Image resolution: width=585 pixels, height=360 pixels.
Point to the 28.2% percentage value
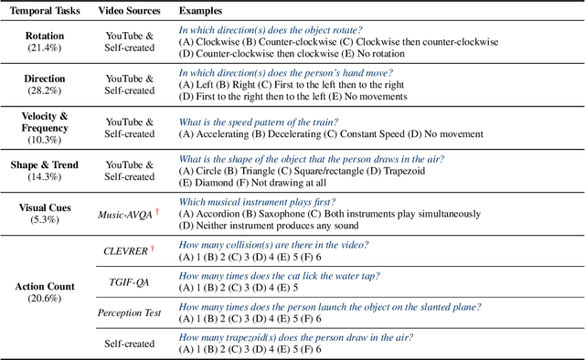pyautogui.click(x=43, y=91)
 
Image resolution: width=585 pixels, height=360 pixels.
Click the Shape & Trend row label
pyautogui.click(x=43, y=165)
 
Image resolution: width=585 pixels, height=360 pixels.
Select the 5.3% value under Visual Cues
pyautogui.click(x=43, y=220)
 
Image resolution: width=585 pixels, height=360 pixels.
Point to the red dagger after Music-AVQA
pyautogui.click(x=156, y=211)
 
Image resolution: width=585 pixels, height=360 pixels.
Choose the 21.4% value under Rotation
pyautogui.click(x=43, y=48)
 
